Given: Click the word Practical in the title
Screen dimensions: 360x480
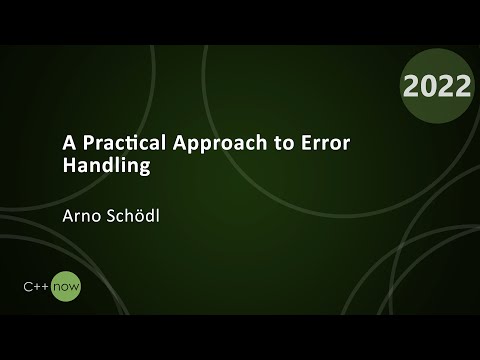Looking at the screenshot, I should click(115, 143).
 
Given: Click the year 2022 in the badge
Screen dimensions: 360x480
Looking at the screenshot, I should click(436, 86).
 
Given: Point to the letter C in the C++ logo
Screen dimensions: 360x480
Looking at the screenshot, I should click(28, 288).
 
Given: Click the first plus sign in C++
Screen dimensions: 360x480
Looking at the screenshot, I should click(38, 288).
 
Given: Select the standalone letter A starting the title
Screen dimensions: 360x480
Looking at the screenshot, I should click(58, 142).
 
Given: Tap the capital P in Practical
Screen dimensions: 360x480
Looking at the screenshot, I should click(78, 142).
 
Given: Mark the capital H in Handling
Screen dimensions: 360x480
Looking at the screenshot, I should click(58, 166).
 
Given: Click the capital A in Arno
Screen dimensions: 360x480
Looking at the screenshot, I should click(59, 214).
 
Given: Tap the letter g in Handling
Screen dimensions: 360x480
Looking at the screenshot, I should click(142, 169).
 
